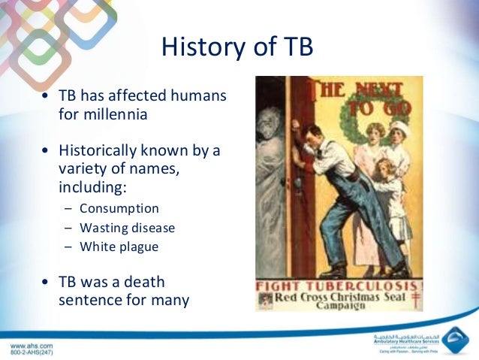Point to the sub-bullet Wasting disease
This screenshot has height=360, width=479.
tap(129, 227)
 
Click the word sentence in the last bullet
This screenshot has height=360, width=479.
tap(88, 300)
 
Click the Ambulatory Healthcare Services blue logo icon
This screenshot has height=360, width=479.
tap(454, 340)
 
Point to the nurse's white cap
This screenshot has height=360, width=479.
tap(399, 126)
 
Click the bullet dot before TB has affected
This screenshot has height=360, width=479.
tap(47, 98)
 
